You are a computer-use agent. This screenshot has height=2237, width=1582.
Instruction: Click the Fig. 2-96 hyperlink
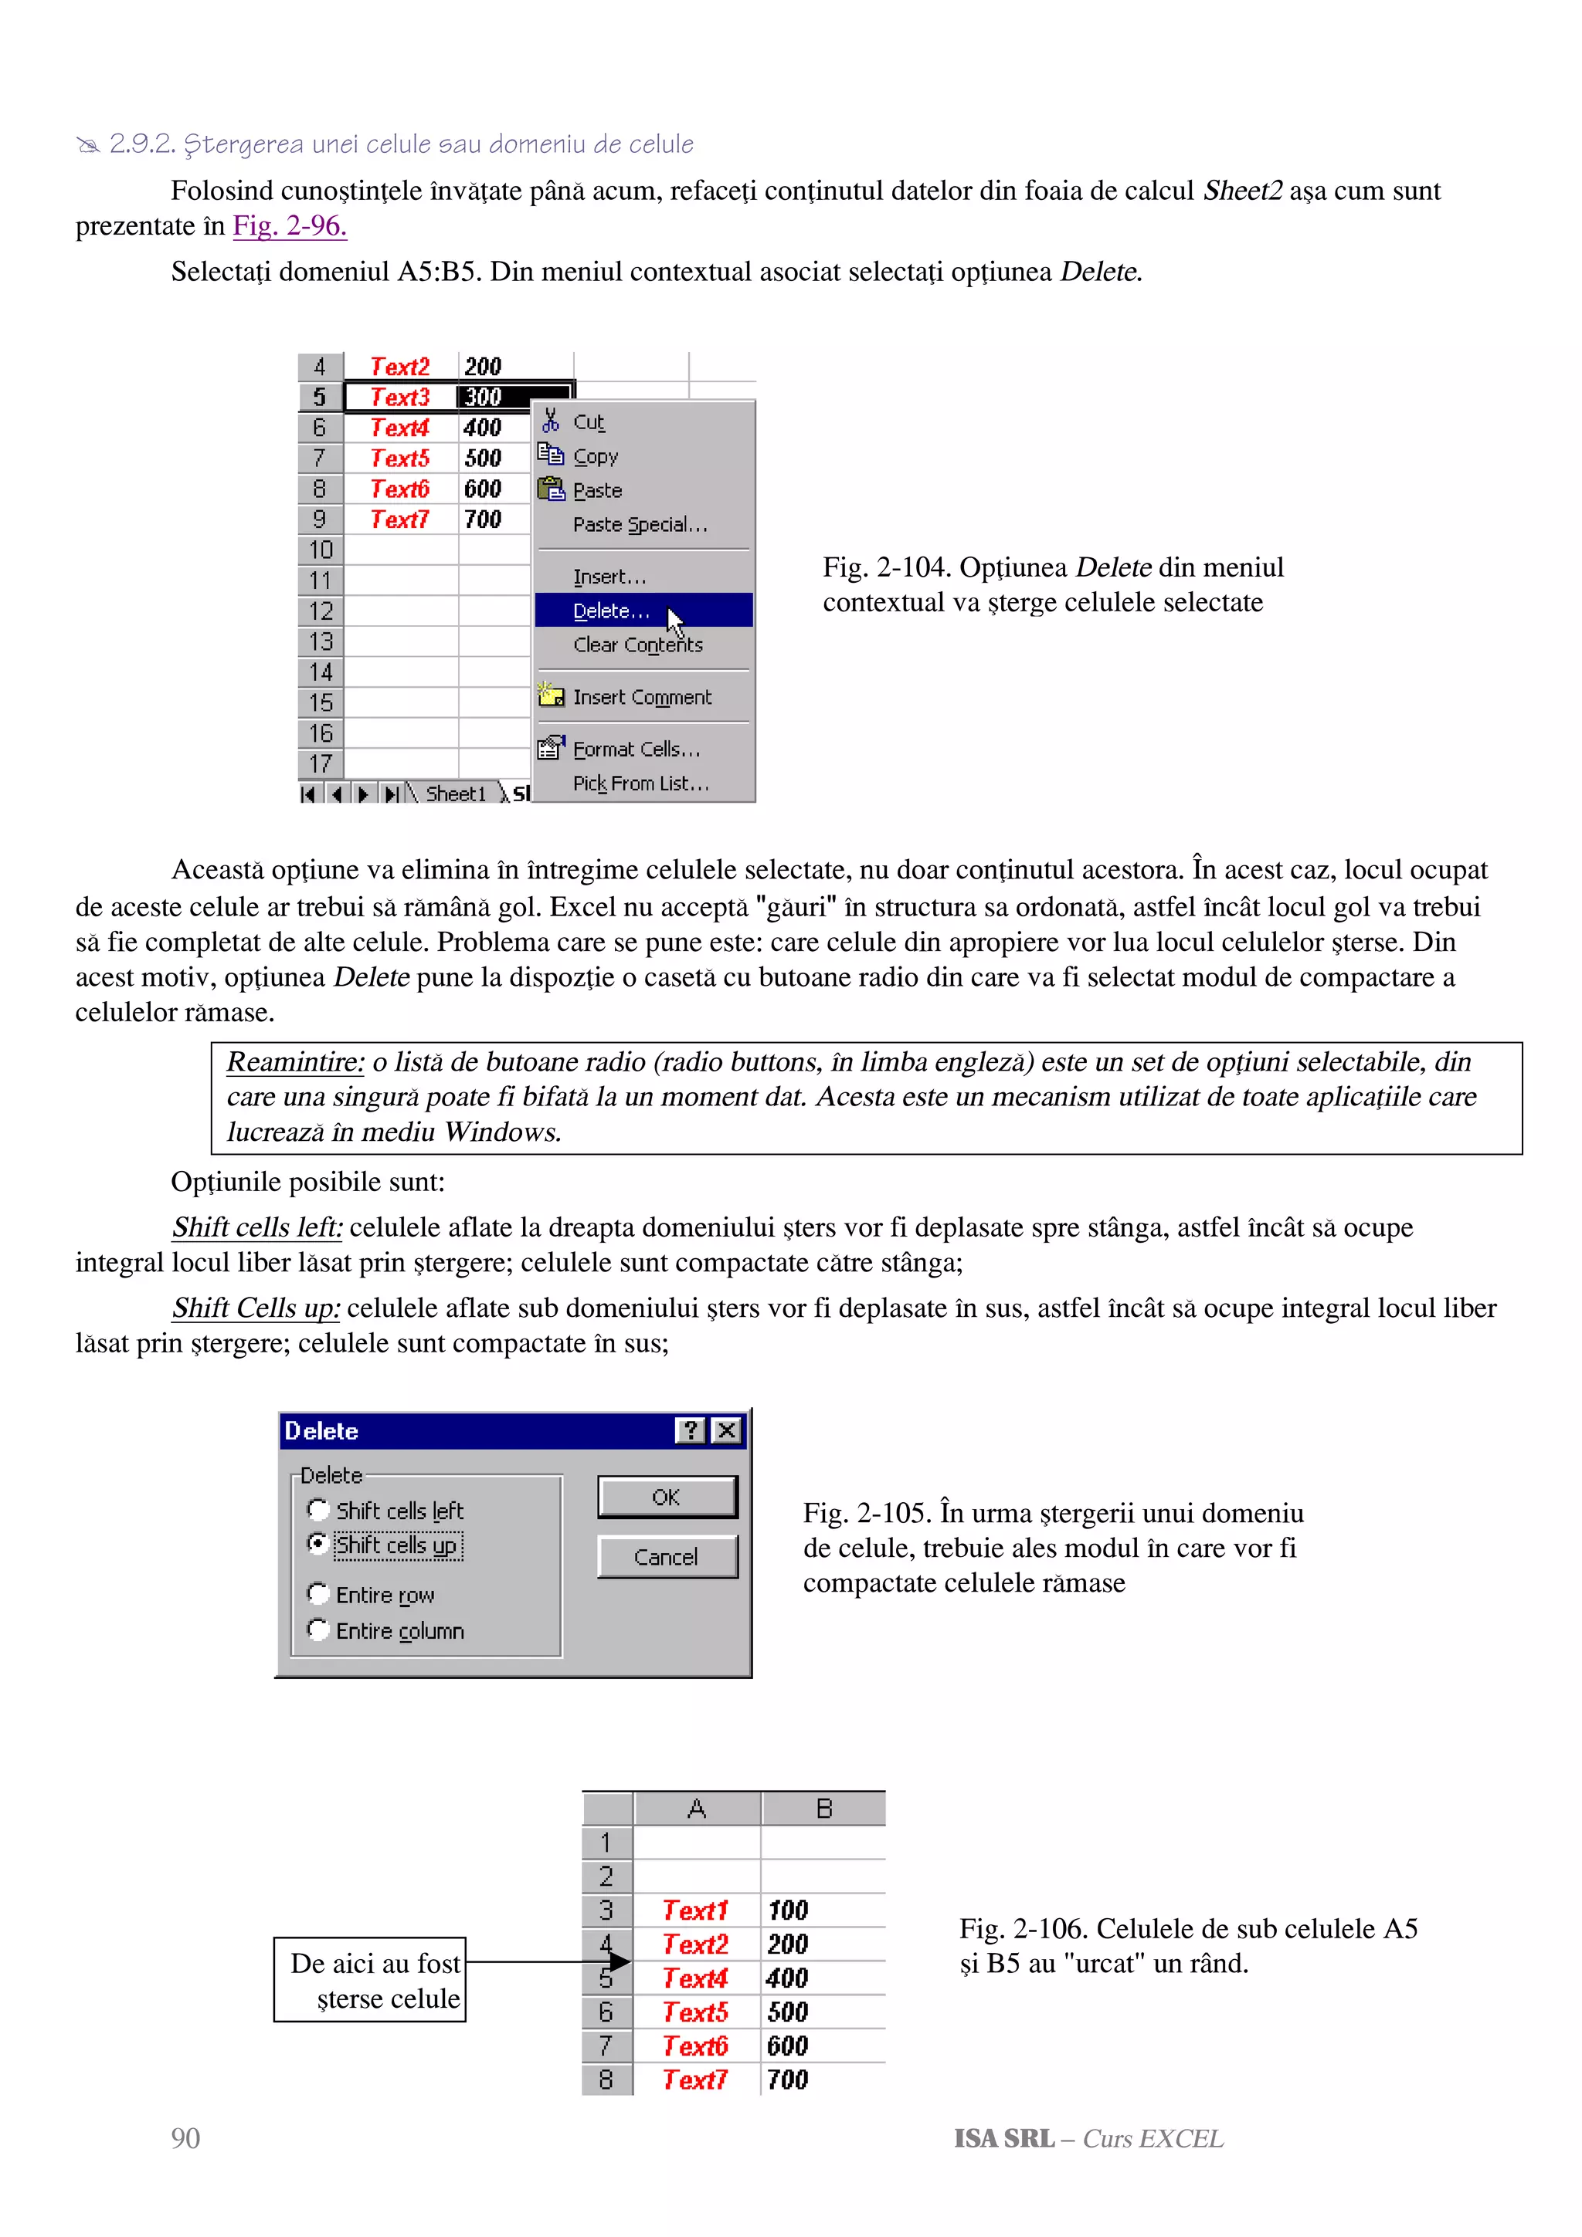pos(289,226)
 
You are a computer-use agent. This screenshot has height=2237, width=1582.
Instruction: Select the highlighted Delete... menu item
pos(611,611)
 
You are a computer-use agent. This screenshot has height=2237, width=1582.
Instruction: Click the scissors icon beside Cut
pos(551,421)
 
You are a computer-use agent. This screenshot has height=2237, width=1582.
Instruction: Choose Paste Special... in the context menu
pos(640,524)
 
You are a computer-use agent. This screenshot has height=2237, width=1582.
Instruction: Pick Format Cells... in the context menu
pos(636,750)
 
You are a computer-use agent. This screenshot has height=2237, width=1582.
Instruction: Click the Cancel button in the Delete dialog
pos(666,1557)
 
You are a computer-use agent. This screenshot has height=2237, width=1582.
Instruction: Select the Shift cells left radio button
pos(317,1509)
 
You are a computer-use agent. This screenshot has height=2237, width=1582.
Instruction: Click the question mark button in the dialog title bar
pos(689,1430)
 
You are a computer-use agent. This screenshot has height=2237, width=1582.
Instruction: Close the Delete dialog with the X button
pos(726,1430)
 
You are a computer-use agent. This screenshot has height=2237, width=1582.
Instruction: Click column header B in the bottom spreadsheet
pos(823,1809)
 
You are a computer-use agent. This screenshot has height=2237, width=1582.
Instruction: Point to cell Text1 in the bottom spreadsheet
pos(695,1910)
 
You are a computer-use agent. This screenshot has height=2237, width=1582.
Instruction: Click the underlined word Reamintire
pos(294,1062)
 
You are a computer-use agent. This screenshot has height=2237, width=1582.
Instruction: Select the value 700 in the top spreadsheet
pos(483,519)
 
